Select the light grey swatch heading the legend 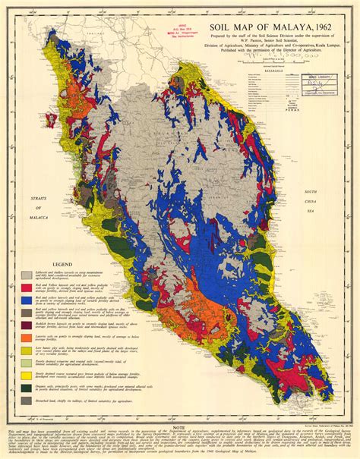(27, 275)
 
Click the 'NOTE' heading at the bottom (180, 429)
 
